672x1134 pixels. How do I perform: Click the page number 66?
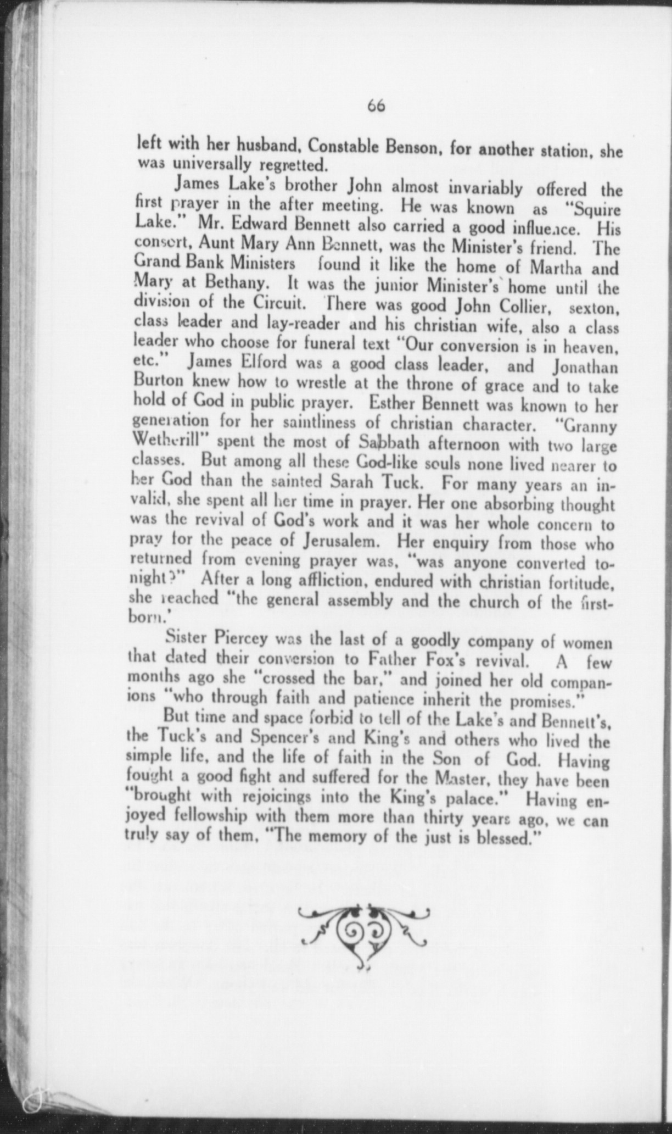coord(377,105)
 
